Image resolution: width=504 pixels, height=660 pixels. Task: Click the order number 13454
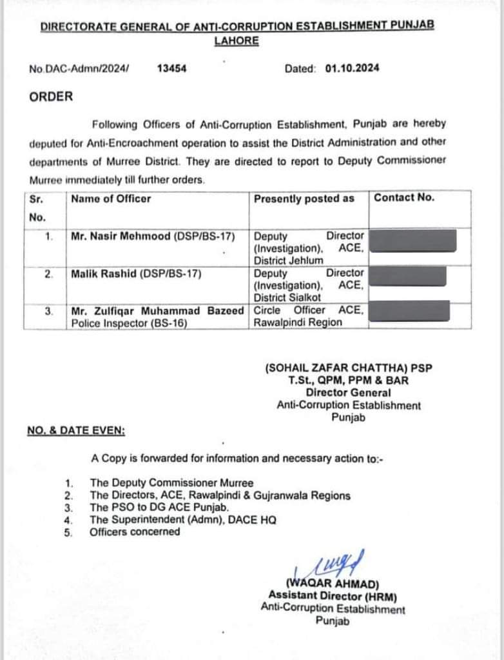tap(171, 68)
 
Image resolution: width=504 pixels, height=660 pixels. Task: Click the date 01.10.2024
tap(352, 68)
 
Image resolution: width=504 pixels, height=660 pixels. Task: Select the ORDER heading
tap(51, 97)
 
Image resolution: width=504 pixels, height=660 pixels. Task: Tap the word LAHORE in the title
tap(237, 41)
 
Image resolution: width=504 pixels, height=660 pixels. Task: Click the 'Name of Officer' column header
tap(111, 199)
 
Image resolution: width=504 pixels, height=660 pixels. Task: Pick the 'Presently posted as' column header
tap(304, 199)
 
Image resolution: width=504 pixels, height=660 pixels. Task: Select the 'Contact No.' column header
tap(404, 197)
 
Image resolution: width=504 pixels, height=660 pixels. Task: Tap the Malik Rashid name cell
tap(137, 274)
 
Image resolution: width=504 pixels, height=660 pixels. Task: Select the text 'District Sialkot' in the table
tap(287, 297)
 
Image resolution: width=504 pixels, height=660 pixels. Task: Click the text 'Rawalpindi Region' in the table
tap(298, 322)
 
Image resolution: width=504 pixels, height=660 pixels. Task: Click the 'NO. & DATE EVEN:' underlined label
tap(76, 430)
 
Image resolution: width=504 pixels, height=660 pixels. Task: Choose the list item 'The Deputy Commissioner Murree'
tap(171, 483)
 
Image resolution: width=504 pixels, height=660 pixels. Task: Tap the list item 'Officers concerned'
tap(135, 532)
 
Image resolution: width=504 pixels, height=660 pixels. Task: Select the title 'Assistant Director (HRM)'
tap(333, 596)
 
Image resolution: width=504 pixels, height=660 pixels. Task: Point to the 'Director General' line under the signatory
tap(348, 392)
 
